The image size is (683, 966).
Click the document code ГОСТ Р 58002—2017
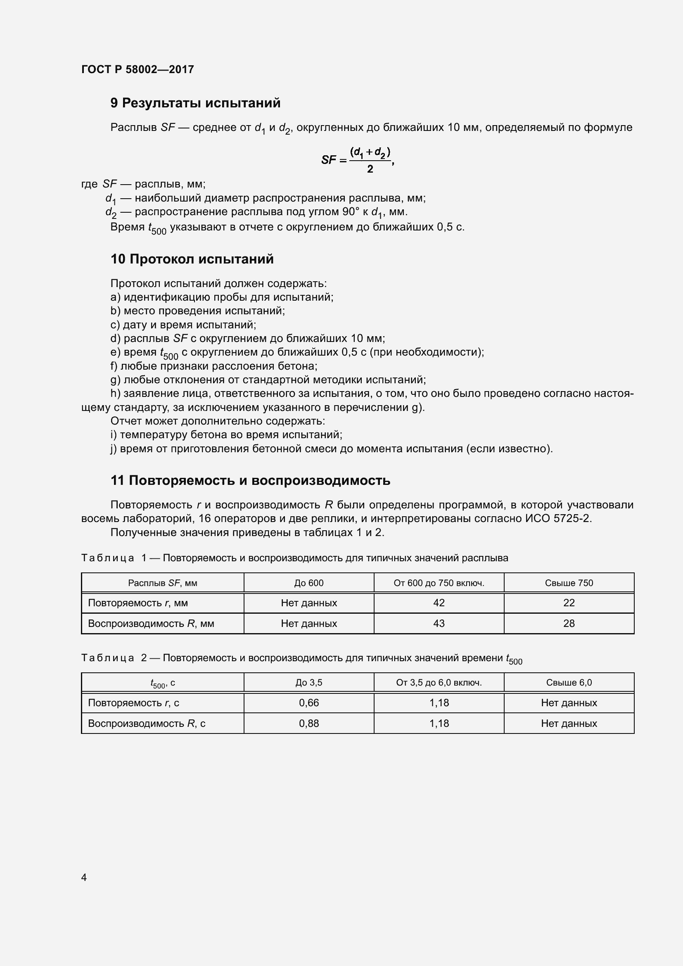[138, 69]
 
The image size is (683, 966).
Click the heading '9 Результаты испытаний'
[195, 103]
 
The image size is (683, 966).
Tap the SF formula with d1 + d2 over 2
[358, 160]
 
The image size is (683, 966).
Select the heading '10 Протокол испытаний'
[192, 259]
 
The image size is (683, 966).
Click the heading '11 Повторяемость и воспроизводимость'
[250, 480]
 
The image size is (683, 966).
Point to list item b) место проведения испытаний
[198, 311]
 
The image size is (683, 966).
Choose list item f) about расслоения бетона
[213, 366]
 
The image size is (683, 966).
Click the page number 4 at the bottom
[84, 877]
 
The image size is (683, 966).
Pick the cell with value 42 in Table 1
[439, 603]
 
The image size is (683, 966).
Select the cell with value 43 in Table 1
[439, 624]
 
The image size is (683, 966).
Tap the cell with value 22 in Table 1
[569, 603]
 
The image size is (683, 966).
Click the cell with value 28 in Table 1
[569, 624]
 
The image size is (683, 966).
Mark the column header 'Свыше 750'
[569, 583]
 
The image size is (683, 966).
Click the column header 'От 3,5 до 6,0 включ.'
[439, 683]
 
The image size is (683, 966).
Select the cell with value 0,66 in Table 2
[309, 703]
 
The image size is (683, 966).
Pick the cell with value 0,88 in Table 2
[309, 724]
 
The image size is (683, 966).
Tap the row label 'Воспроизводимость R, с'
[146, 724]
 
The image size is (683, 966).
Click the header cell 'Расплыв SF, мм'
[162, 583]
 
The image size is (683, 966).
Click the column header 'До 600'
[309, 583]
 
